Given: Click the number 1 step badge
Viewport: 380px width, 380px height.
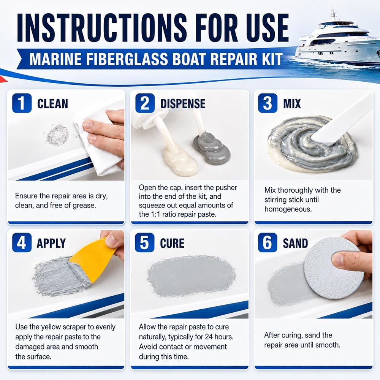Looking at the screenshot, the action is [x=22, y=103].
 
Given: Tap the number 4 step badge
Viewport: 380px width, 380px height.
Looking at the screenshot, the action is [x=22, y=242].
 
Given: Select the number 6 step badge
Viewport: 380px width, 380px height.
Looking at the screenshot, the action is [x=268, y=242].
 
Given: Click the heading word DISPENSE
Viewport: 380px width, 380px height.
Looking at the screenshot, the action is [x=183, y=104].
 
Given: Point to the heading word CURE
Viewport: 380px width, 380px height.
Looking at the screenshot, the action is [x=172, y=243].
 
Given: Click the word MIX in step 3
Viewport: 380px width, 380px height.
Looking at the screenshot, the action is [x=292, y=104].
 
